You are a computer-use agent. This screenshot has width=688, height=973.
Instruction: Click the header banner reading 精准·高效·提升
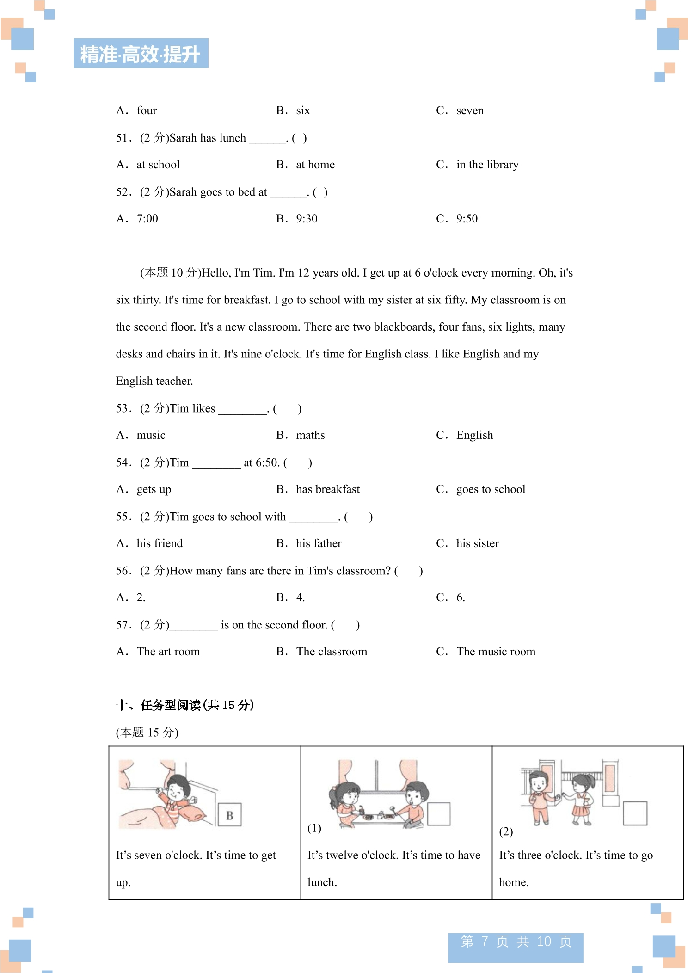(x=141, y=54)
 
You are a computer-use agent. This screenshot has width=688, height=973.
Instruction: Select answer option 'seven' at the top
(x=470, y=111)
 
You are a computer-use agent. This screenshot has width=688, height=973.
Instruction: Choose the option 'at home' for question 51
(x=315, y=165)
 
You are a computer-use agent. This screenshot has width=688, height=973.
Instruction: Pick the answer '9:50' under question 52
(x=467, y=219)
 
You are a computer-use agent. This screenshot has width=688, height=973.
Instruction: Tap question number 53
(x=123, y=408)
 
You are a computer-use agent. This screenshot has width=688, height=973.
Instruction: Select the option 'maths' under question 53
(x=310, y=435)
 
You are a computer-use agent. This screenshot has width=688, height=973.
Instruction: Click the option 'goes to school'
(x=491, y=489)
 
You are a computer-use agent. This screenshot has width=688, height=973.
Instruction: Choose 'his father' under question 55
(x=319, y=543)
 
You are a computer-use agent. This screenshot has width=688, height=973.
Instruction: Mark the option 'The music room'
(x=496, y=652)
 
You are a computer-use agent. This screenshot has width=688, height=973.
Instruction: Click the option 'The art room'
(x=168, y=652)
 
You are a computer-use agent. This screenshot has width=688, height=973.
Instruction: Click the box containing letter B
(x=229, y=815)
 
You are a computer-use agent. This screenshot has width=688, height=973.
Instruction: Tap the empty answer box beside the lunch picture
(x=438, y=814)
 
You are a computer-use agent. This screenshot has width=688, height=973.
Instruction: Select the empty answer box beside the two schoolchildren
(x=635, y=813)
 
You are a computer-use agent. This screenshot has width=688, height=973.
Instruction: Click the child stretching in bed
(x=176, y=795)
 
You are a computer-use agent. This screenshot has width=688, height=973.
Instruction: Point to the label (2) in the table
(x=506, y=832)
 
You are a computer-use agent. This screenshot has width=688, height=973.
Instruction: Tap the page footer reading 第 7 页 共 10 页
(x=516, y=942)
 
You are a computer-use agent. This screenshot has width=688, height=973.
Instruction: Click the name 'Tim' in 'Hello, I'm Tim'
(x=264, y=273)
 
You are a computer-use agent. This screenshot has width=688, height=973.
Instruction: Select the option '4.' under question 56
(x=301, y=597)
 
